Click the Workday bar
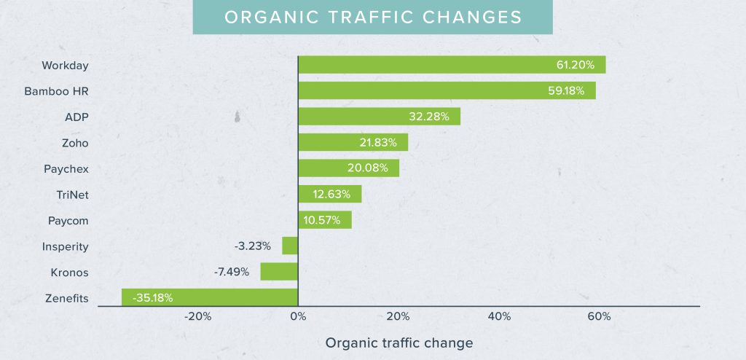[452, 65]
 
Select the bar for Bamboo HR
[447, 91]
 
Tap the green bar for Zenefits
[210, 297]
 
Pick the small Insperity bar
[290, 246]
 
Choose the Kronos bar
[279, 272]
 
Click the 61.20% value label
[576, 65]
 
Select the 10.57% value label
[321, 220]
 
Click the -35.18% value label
[153, 297]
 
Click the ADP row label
[76, 117]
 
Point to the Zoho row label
[75, 143]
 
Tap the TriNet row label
[72, 195]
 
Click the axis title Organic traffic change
[399, 343]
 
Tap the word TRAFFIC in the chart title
[379, 17]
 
